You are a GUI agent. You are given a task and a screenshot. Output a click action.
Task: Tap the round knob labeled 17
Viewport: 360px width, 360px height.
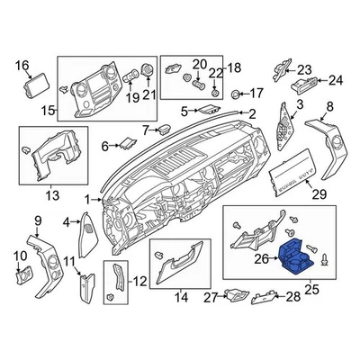pyautogui.click(x=237, y=94)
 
